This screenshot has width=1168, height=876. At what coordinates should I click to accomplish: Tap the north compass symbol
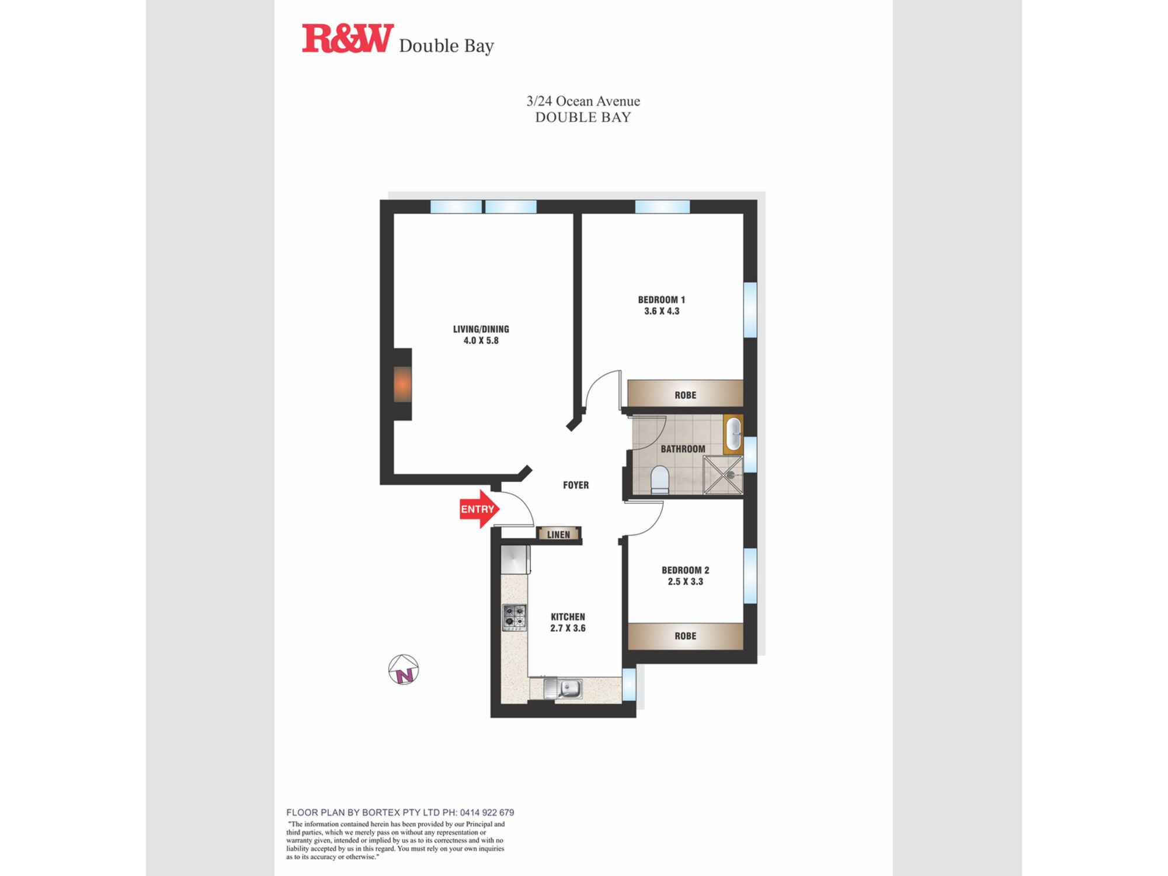click(x=404, y=669)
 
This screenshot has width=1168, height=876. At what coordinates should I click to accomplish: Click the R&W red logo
click(x=347, y=39)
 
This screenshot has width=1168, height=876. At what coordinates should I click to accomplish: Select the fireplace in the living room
click(x=402, y=384)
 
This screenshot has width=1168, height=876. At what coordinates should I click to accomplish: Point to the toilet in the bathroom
click(x=660, y=479)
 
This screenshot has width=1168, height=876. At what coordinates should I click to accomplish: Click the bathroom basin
click(x=733, y=434)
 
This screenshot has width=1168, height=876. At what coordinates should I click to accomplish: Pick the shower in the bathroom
click(x=723, y=475)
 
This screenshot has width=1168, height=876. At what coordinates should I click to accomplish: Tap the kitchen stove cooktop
click(x=515, y=617)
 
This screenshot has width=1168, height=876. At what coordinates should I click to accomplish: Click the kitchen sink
click(x=563, y=689)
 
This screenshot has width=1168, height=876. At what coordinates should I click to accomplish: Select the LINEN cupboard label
click(x=558, y=534)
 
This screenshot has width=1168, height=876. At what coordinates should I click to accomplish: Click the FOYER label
click(x=576, y=485)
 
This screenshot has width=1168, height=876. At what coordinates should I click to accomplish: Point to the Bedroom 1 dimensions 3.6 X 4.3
click(x=662, y=311)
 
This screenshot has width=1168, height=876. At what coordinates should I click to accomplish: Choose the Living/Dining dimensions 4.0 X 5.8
click(x=481, y=340)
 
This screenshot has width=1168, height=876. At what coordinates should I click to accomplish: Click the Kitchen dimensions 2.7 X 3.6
click(x=568, y=628)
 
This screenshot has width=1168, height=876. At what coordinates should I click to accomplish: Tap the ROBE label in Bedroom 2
click(x=685, y=636)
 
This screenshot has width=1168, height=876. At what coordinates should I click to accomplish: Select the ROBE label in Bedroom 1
click(x=685, y=395)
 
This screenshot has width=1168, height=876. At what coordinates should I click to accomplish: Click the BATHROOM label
click(x=683, y=449)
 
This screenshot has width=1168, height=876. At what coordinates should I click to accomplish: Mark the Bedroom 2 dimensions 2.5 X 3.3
click(x=685, y=582)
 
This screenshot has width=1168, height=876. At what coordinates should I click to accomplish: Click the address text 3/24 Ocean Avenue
click(x=583, y=101)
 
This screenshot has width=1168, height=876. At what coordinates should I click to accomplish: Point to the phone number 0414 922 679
click(x=487, y=812)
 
